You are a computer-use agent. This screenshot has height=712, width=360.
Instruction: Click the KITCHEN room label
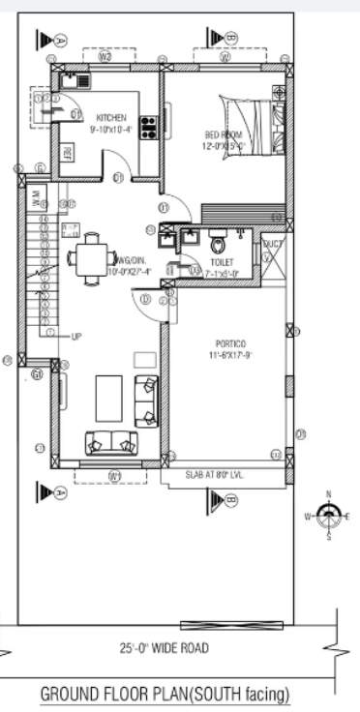click(110, 118)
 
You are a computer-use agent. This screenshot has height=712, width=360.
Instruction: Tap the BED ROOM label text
click(222, 134)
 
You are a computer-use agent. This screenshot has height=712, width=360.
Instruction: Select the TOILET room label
click(221, 262)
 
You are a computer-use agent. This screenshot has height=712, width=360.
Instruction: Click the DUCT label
click(273, 245)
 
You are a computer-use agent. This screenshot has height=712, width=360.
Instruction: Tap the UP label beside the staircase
click(75, 336)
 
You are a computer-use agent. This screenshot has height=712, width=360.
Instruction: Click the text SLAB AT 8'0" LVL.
click(220, 475)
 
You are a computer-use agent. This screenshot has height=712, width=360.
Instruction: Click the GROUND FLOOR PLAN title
click(165, 694)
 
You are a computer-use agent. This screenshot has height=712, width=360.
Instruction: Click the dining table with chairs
click(88, 258)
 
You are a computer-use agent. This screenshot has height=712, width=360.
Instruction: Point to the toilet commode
click(218, 241)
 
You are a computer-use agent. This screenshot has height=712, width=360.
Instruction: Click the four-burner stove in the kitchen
click(149, 126)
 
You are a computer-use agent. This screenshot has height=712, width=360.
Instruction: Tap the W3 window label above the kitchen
click(106, 57)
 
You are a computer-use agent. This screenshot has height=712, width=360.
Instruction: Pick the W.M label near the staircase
click(37, 201)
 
